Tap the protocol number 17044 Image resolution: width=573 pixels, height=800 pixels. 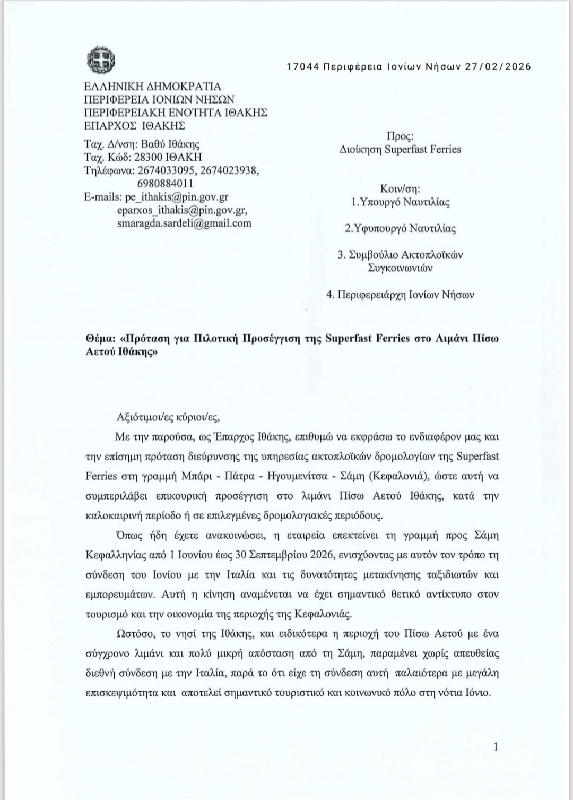[302, 67]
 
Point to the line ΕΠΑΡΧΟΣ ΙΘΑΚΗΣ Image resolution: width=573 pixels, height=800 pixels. [134, 126]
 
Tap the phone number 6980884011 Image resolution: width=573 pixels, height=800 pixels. [164, 184]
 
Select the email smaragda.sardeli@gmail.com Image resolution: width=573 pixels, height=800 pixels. [184, 223]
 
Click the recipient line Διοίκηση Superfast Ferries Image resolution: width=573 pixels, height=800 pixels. [400, 150]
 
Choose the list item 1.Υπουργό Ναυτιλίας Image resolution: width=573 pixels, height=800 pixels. [401, 202]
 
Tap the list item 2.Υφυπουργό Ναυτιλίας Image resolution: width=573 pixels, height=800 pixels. [400, 229]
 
